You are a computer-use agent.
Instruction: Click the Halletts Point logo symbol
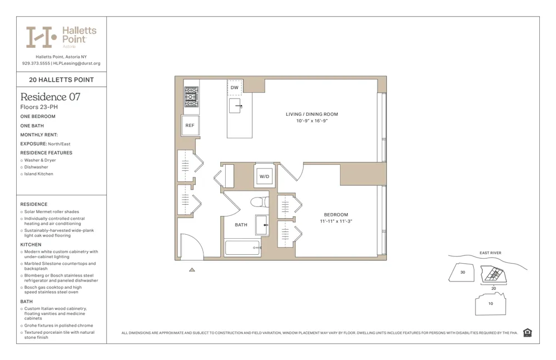tap(42, 37)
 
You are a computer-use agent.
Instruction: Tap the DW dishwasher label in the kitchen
tap(235, 88)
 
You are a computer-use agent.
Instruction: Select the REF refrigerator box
tap(190, 126)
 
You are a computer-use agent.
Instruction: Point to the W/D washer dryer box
tap(264, 176)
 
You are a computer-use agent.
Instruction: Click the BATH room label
tap(241, 225)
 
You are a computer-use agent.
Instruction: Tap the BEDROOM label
tap(336, 215)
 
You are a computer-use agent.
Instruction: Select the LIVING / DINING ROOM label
tap(312, 115)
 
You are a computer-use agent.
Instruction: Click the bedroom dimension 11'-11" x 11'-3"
tap(336, 221)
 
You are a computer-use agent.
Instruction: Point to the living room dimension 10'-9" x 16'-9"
tap(312, 121)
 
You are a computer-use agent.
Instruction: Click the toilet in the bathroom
tap(259, 201)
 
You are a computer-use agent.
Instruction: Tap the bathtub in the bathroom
tap(242, 248)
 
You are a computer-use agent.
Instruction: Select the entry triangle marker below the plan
tap(192, 270)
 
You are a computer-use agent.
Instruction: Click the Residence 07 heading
tap(50, 97)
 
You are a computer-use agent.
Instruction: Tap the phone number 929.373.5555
tap(36, 63)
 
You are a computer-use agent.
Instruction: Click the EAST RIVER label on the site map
tap(490, 253)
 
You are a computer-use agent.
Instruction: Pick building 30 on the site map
tap(463, 273)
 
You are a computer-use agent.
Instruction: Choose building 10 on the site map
tap(490, 304)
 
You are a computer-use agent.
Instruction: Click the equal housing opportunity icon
tap(528, 333)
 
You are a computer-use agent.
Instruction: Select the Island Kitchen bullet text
tap(39, 174)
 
